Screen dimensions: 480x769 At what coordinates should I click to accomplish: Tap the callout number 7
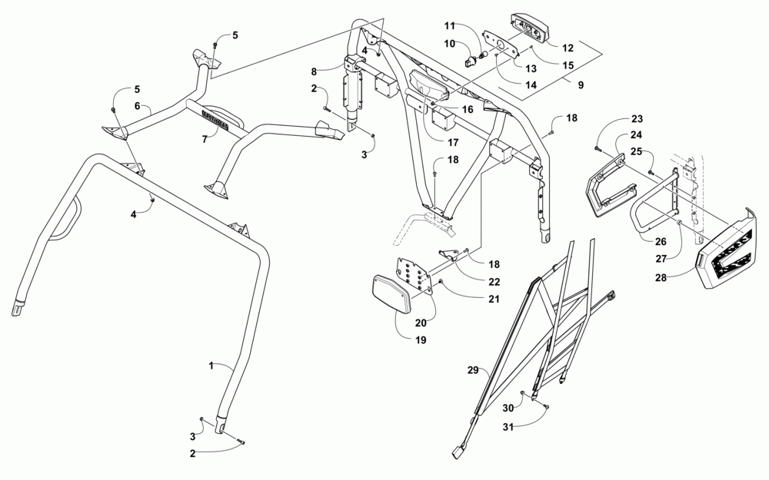205,140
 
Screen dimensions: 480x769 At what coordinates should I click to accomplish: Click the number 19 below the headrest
421,339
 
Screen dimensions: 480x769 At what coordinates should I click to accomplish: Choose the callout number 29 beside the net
474,371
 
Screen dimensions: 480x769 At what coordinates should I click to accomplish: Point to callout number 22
494,282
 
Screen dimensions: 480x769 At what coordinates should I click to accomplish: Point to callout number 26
660,240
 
